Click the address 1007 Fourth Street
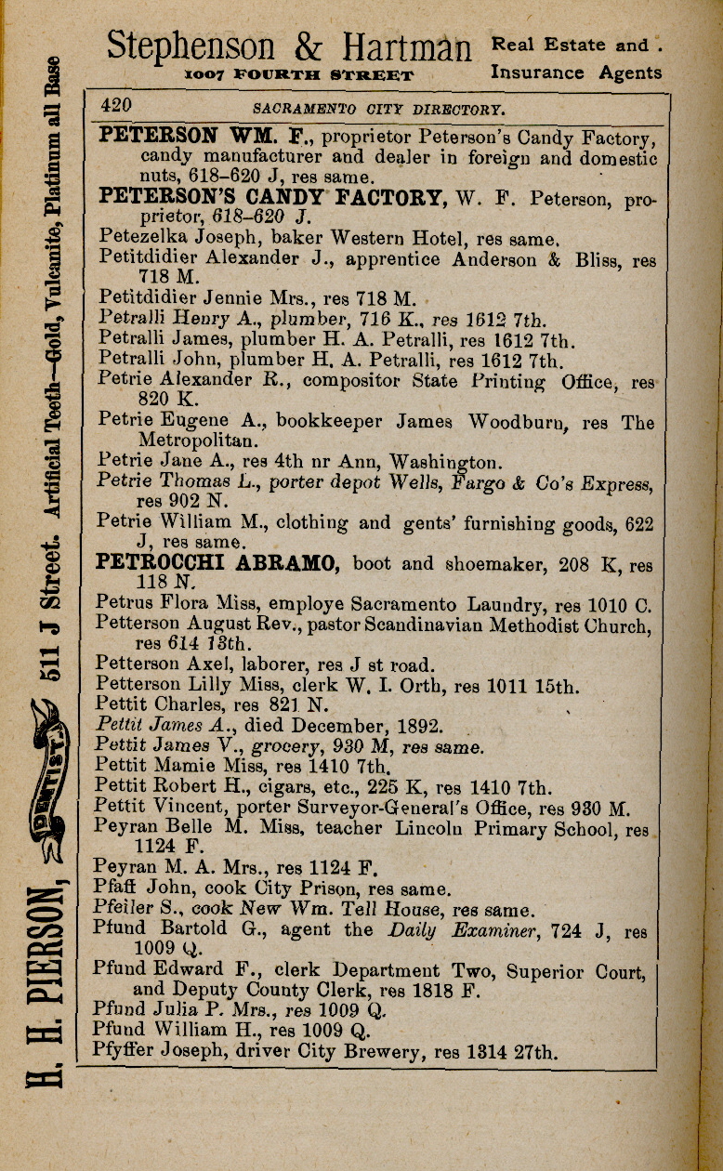tap(298, 74)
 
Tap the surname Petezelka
tap(138, 237)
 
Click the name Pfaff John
tap(136, 888)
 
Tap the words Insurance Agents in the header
tap(576, 72)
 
